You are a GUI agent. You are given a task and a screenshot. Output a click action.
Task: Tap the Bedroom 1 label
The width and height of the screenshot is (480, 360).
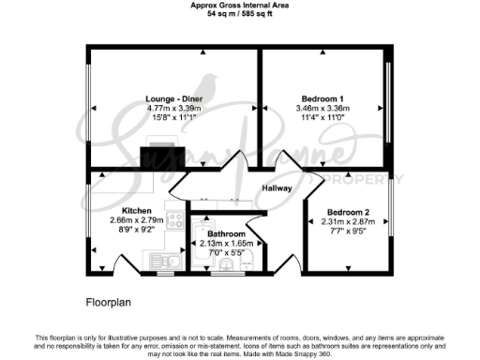click(322, 97)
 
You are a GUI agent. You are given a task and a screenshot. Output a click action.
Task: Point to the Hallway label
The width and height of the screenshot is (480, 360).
click(277, 188)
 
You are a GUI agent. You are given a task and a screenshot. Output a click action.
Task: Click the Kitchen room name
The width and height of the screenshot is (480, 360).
click(137, 210)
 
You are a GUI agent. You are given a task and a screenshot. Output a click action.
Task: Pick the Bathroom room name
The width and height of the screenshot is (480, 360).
click(227, 233)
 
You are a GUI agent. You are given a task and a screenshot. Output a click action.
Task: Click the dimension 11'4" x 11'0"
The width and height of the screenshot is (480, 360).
click(322, 119)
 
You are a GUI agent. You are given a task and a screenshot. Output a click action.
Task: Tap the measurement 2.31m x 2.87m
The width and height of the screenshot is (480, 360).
click(347, 221)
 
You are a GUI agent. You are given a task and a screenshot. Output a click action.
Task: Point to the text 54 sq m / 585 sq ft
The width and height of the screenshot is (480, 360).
click(240, 15)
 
